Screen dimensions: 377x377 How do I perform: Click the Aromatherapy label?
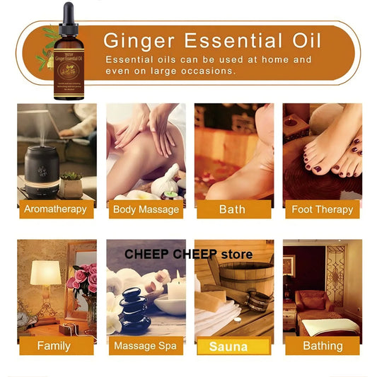pos(55,209)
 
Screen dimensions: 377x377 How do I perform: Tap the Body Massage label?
pos(144,209)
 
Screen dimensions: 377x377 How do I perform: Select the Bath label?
pos(232,209)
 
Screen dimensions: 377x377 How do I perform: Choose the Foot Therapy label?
pos(322,209)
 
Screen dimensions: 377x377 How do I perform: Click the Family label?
pos(54,346)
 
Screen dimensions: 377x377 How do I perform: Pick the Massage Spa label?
pos(144,346)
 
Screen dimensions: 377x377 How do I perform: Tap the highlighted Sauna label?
pos(232,346)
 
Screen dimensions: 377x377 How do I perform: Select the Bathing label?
pos(322,346)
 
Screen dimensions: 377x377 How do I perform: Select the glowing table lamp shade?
pos(45,273)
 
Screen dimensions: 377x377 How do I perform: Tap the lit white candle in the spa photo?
pos(176,288)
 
